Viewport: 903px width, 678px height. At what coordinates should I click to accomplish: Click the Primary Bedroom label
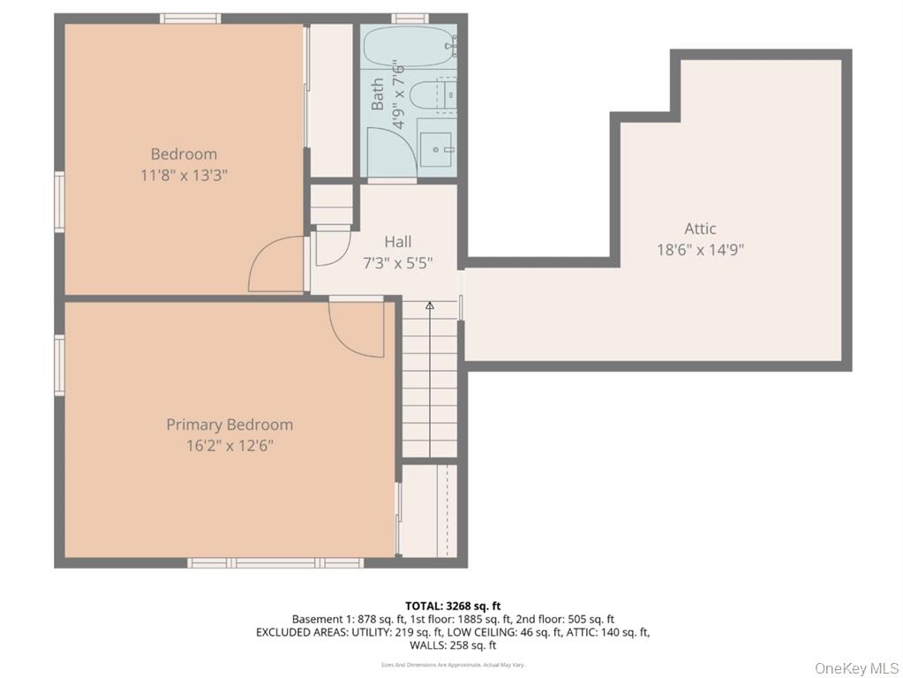pyautogui.click(x=230, y=425)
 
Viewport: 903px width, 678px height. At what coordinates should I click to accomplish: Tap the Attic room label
pyautogui.click(x=700, y=229)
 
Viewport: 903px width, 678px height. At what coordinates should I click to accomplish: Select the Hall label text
pyautogui.click(x=397, y=241)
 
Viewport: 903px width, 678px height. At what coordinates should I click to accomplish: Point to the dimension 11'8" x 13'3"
pyautogui.click(x=184, y=175)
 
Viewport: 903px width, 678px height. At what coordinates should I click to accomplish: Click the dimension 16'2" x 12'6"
pyautogui.click(x=230, y=446)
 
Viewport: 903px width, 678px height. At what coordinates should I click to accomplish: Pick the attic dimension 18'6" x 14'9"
pyautogui.click(x=700, y=249)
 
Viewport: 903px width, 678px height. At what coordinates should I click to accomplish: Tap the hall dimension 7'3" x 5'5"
pyautogui.click(x=397, y=262)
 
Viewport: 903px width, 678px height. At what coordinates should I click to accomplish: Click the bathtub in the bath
pyautogui.click(x=409, y=46)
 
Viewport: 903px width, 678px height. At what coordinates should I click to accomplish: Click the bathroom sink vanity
pyautogui.click(x=435, y=148)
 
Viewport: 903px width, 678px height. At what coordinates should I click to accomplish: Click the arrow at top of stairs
pyautogui.click(x=430, y=305)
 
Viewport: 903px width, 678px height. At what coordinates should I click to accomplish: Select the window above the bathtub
pyautogui.click(x=409, y=18)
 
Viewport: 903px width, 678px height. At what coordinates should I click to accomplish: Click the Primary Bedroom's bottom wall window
pyautogui.click(x=275, y=562)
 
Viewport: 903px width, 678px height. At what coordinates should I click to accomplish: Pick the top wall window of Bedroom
pyautogui.click(x=190, y=18)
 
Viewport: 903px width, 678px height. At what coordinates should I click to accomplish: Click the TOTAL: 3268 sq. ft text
pyautogui.click(x=453, y=606)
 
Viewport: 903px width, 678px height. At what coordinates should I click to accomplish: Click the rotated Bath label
pyautogui.click(x=378, y=94)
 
